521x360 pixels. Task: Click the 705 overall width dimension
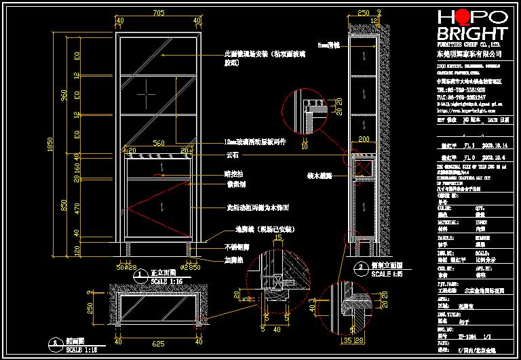point(159,13)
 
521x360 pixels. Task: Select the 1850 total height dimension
point(50,144)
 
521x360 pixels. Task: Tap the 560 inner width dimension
point(159,143)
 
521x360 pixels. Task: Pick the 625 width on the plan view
point(159,344)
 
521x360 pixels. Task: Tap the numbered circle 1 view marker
point(140,275)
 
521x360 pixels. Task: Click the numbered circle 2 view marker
point(359,266)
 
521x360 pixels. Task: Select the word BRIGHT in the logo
point(473,34)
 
